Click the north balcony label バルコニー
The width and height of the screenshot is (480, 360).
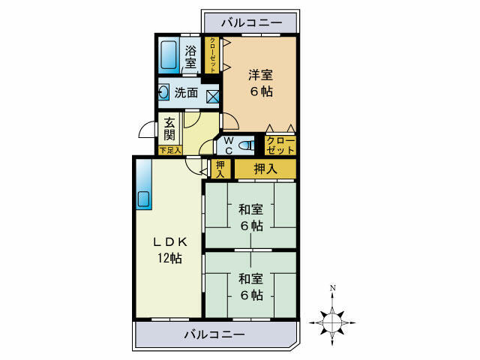click(251, 24)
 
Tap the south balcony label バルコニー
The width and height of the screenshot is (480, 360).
click(214, 334)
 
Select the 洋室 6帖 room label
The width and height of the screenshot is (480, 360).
click(261, 82)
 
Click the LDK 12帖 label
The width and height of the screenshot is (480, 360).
click(169, 250)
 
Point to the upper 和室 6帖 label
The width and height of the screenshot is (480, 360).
click(251, 217)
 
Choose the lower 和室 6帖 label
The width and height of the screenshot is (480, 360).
click(251, 286)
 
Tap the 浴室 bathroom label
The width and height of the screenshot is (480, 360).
click(191, 57)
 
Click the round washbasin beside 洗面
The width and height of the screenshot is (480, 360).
click(164, 94)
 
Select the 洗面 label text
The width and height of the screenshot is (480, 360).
click(187, 94)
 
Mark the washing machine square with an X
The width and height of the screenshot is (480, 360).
click(212, 96)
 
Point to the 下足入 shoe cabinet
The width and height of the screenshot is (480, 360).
click(170, 150)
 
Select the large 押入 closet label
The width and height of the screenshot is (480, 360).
click(265, 169)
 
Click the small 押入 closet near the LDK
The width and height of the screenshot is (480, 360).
click(220, 169)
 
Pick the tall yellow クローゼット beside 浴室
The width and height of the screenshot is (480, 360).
click(214, 55)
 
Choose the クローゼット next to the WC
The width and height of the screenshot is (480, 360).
click(280, 144)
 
